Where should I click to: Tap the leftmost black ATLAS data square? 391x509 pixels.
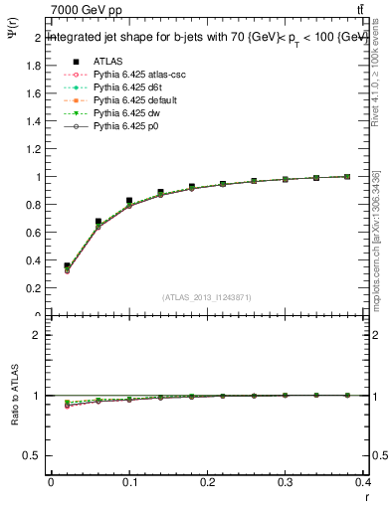pyautogui.click(x=67, y=266)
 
